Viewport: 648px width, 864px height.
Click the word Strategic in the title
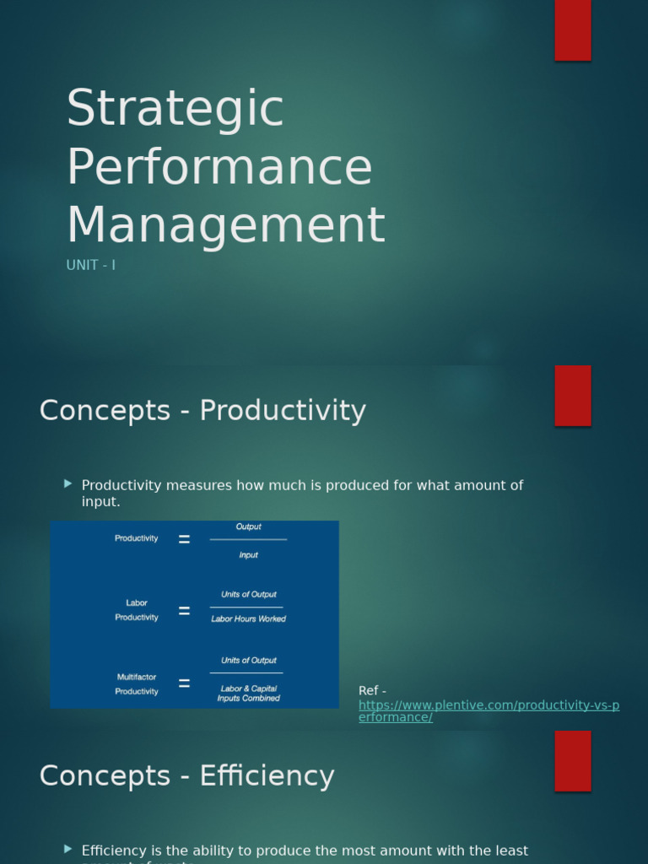[175, 109]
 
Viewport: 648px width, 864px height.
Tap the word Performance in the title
[219, 166]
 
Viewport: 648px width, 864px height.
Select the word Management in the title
[225, 225]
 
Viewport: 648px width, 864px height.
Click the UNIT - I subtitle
[90, 265]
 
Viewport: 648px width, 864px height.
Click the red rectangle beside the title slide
[572, 30]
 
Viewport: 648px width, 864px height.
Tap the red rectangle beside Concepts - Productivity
[572, 396]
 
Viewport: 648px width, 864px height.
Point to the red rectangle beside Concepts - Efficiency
[572, 760]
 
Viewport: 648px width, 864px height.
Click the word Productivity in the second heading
[283, 411]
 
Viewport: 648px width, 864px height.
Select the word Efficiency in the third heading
[267, 776]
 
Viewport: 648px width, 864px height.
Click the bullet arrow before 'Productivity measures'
[68, 483]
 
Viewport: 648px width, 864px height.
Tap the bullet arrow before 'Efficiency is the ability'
[68, 849]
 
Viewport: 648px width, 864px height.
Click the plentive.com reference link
[489, 710]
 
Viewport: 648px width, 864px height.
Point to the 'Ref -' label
[372, 691]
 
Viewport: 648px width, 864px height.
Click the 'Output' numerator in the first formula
[248, 526]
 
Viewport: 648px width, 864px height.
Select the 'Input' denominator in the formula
[248, 555]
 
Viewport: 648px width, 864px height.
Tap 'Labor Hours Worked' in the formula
[248, 618]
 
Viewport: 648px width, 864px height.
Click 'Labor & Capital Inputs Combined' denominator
[248, 694]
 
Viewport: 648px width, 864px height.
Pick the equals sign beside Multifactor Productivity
[184, 683]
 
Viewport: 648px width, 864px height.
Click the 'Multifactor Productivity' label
[137, 684]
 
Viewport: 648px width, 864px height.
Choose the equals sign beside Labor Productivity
[184, 611]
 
